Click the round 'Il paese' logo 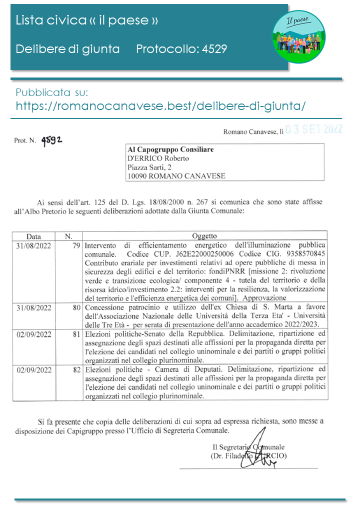coord(298,33)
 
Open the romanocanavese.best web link coord(160,106)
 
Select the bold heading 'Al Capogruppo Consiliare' coord(170,149)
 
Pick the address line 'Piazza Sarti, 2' coord(149,167)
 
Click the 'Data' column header coord(34,236)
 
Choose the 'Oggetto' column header coord(204,236)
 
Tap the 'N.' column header coord(69,236)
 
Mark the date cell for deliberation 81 coord(34,334)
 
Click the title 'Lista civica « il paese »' coord(87,20)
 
